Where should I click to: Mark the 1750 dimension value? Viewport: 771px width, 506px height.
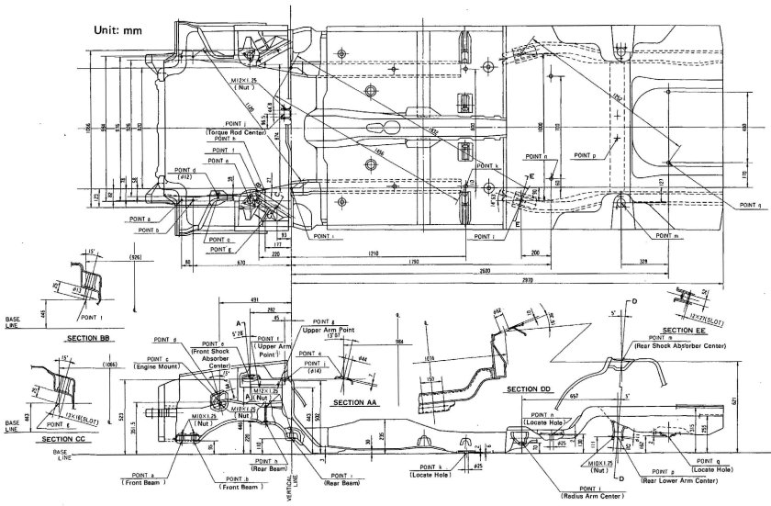(415, 264)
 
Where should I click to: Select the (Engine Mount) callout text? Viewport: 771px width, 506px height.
(158, 365)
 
